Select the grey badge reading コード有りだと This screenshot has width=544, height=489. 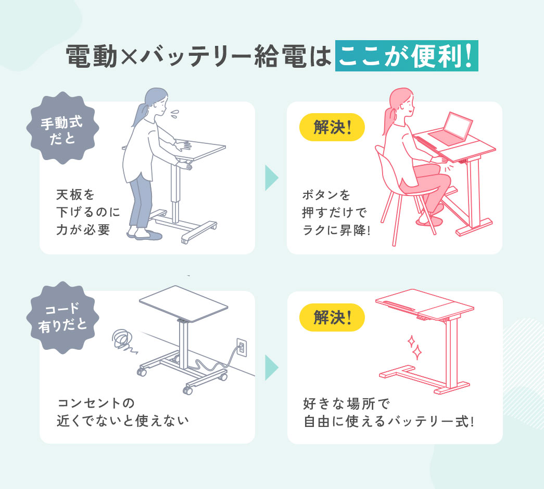(62, 317)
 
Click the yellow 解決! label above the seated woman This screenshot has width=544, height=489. (332, 127)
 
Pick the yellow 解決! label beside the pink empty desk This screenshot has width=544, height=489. (332, 317)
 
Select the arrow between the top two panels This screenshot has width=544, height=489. (271, 178)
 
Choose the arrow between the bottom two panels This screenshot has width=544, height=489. (271, 368)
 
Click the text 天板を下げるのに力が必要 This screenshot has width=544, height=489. (87, 213)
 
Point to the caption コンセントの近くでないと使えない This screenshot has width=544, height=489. (122, 412)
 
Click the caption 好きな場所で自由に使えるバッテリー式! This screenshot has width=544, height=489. (388, 412)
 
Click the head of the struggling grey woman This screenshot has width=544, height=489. (157, 102)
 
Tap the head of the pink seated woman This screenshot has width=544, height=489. (402, 102)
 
